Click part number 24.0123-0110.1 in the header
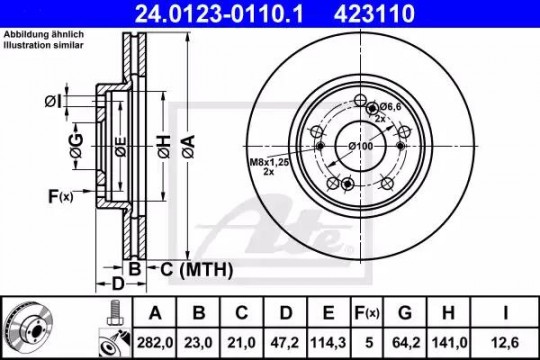click(219, 14)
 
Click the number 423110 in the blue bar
click(374, 14)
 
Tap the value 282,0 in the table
click(155, 343)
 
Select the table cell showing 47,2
click(285, 343)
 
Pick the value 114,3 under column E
click(329, 343)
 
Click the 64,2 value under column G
click(405, 343)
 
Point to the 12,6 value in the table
click(505, 343)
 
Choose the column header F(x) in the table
click(367, 313)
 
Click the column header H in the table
click(448, 313)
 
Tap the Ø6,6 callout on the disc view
click(390, 106)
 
